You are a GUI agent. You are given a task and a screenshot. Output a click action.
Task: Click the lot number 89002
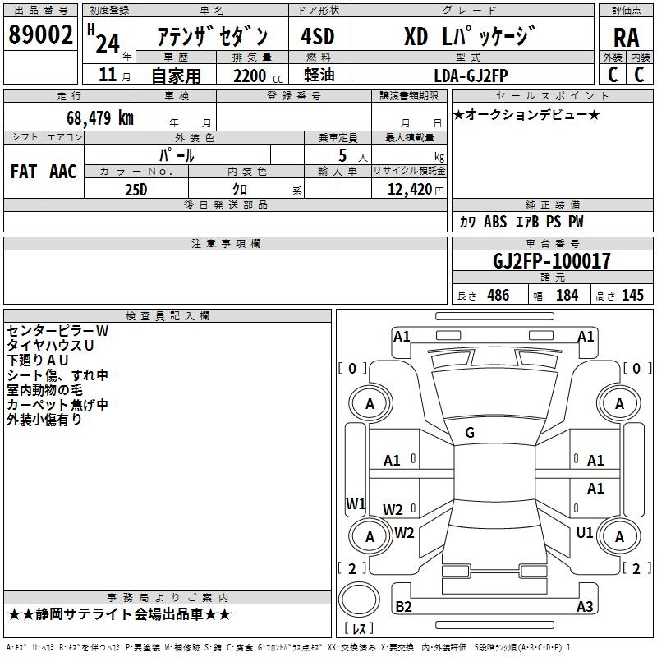40,34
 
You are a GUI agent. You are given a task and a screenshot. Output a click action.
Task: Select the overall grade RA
627,38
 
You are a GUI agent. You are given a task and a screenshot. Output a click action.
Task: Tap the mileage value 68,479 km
100,117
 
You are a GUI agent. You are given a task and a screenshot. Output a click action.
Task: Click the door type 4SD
318,36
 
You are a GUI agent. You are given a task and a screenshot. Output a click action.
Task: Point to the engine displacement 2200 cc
258,76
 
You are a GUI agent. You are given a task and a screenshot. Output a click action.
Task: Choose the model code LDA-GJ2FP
471,76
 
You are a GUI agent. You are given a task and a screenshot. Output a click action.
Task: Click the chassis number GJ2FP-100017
552,261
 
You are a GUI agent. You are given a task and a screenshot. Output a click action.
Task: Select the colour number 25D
136,190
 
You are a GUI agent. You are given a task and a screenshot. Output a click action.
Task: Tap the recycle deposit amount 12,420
409,190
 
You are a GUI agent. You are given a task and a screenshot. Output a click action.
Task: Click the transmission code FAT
24,172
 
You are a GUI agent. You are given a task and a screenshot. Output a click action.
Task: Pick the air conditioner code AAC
63,172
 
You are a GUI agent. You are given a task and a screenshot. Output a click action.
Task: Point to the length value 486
498,295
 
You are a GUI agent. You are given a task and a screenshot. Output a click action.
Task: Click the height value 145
632,295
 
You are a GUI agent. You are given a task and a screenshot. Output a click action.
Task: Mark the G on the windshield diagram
470,433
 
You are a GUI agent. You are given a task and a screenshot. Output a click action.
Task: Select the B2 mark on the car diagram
403,606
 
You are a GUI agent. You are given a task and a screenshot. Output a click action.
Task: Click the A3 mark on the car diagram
585,606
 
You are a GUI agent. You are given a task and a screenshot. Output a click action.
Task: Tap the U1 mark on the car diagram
585,532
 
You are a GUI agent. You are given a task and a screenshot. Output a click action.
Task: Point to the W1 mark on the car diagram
356,503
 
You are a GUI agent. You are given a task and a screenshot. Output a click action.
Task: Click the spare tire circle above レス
359,600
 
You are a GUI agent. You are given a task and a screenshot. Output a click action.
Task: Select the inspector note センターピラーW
57,331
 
